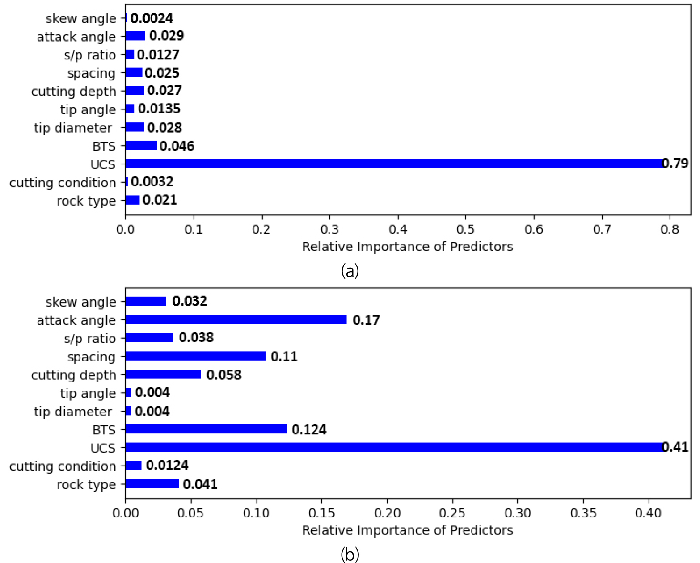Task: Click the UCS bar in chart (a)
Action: click(393, 164)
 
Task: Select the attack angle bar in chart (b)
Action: click(236, 319)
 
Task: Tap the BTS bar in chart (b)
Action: click(206, 429)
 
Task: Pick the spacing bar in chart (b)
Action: click(195, 356)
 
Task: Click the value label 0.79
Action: click(675, 164)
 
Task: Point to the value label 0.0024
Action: click(152, 18)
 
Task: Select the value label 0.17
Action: click(366, 320)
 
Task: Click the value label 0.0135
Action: click(159, 109)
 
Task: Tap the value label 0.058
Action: click(223, 374)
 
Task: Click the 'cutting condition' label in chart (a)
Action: click(63, 183)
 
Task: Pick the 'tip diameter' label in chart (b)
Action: click(73, 412)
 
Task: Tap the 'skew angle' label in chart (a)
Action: click(80, 19)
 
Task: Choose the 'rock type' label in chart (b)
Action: click(86, 485)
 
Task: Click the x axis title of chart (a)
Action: click(407, 247)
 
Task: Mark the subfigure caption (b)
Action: click(350, 555)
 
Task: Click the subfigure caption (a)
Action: click(350, 271)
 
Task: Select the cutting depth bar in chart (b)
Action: click(163, 374)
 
